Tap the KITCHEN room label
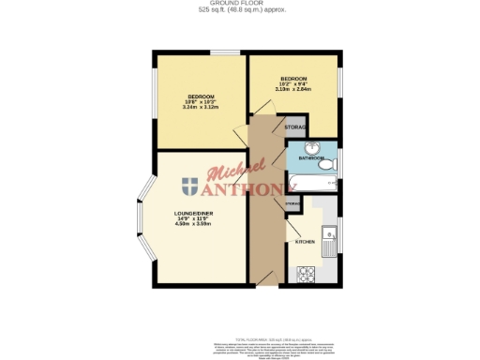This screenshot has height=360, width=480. coord(306,242)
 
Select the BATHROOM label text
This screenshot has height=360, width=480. coord(311,159)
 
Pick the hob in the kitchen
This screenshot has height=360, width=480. coord(307,274)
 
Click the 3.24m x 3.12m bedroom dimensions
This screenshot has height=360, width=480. coord(202,107)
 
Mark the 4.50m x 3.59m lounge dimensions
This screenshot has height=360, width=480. coord(193,225)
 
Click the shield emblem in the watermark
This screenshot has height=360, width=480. coord(188,189)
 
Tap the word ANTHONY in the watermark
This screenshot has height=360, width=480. coord(240,191)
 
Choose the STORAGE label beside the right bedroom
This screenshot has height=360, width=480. coord(294,127)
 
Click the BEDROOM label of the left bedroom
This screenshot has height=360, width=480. coord(202,97)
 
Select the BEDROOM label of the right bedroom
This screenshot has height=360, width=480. coord(293,77)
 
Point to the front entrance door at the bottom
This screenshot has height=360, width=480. coord(267,276)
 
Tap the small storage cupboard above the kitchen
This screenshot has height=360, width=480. coord(292,202)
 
